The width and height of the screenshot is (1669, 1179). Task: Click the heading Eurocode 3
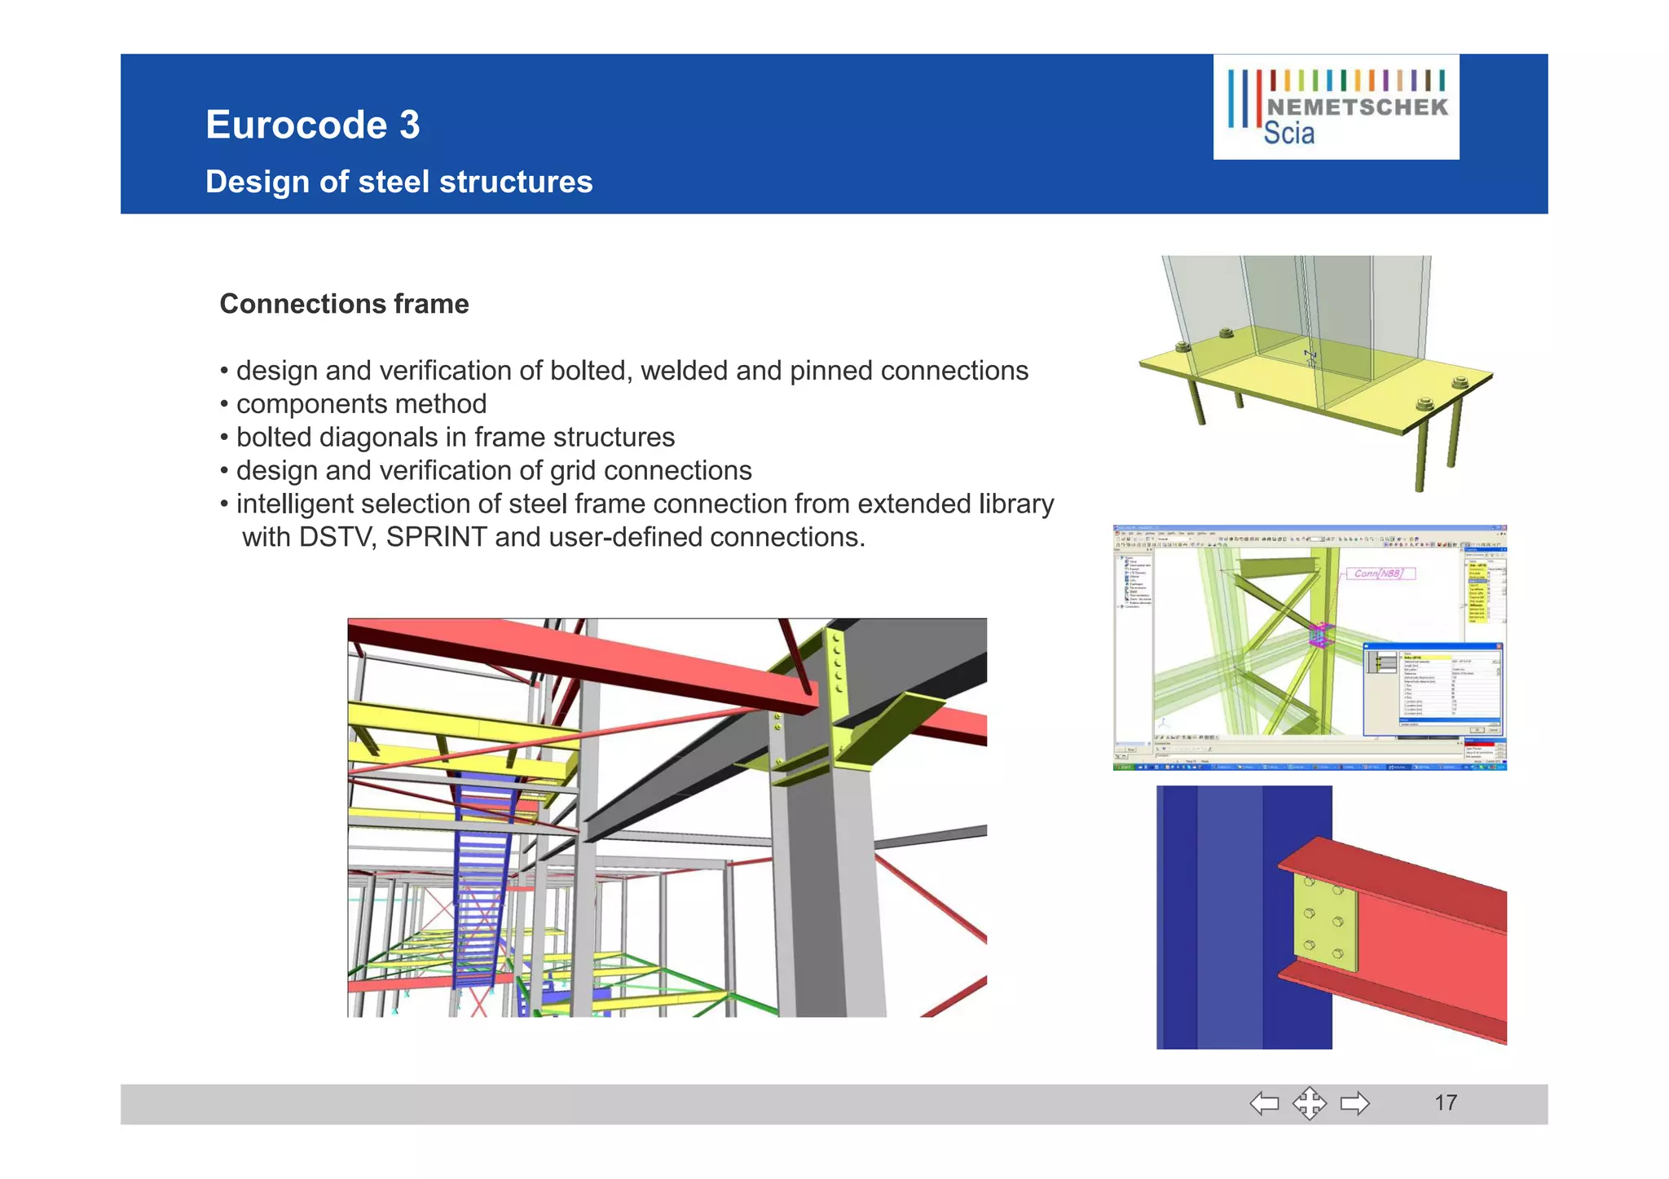pos(312,125)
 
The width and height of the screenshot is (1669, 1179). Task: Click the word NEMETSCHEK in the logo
pos(1357,108)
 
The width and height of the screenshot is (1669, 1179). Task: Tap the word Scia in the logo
pos(1288,134)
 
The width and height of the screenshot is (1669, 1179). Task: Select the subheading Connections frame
pos(344,304)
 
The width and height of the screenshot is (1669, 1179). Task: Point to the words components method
pos(361,404)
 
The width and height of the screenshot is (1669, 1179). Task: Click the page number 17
pos(1445,1103)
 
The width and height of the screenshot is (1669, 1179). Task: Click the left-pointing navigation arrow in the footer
pos(1264,1104)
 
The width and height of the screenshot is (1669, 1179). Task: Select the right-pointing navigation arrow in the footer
pos(1354,1104)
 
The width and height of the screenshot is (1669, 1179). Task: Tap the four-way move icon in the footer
pos(1309,1104)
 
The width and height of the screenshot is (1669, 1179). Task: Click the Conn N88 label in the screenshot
pos(1379,574)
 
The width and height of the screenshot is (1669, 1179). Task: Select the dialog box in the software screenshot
pos(1433,687)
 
